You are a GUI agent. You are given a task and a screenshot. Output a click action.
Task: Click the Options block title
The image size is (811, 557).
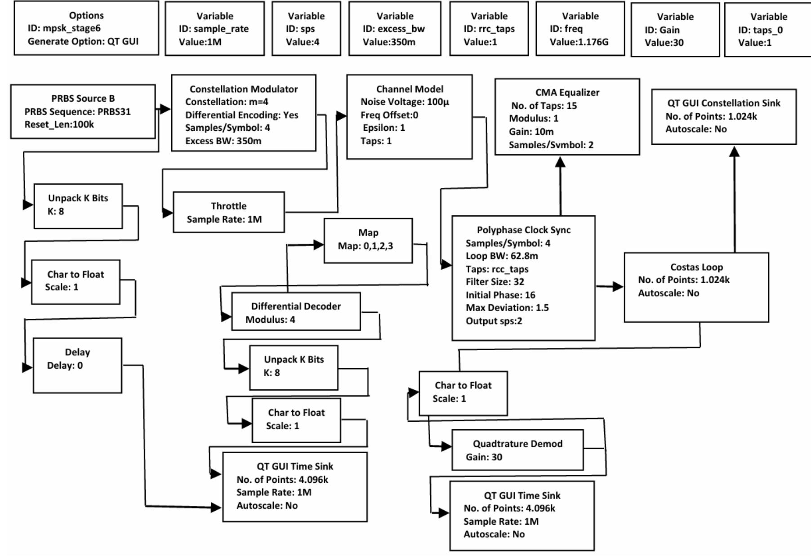click(86, 15)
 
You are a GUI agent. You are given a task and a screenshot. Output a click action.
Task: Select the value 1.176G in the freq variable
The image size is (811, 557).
click(579, 42)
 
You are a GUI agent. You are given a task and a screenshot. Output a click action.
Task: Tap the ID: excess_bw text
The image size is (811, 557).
click(393, 29)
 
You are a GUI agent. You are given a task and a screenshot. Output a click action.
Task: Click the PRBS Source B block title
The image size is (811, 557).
click(83, 98)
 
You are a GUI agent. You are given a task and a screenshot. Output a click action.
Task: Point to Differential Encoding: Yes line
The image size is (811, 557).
click(241, 115)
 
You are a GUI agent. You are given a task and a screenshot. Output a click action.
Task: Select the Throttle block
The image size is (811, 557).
click(228, 212)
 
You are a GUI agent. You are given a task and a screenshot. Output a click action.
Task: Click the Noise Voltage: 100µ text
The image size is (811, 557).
click(405, 102)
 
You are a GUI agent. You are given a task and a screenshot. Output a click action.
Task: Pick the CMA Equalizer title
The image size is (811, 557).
click(567, 93)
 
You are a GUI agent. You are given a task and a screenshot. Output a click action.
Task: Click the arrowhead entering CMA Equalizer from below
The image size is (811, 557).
click(560, 162)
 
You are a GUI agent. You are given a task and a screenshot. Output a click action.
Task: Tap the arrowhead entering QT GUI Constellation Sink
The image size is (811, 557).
click(734, 152)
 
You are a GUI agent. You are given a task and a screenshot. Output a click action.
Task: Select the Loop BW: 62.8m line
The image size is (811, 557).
click(501, 256)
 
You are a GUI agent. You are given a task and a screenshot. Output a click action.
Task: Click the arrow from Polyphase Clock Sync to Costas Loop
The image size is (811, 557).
click(611, 286)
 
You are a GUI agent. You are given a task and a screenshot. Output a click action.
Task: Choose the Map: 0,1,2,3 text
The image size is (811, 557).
click(365, 246)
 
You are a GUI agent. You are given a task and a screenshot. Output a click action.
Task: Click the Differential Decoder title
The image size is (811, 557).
click(295, 307)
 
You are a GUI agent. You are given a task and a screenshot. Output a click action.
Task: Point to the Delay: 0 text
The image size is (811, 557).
click(65, 365)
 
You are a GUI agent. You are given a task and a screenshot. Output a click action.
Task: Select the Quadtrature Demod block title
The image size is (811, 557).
click(517, 444)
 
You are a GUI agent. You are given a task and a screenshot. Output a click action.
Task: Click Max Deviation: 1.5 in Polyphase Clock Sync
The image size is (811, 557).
click(507, 308)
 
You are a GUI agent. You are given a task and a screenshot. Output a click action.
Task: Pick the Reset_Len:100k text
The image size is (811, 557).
click(59, 125)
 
